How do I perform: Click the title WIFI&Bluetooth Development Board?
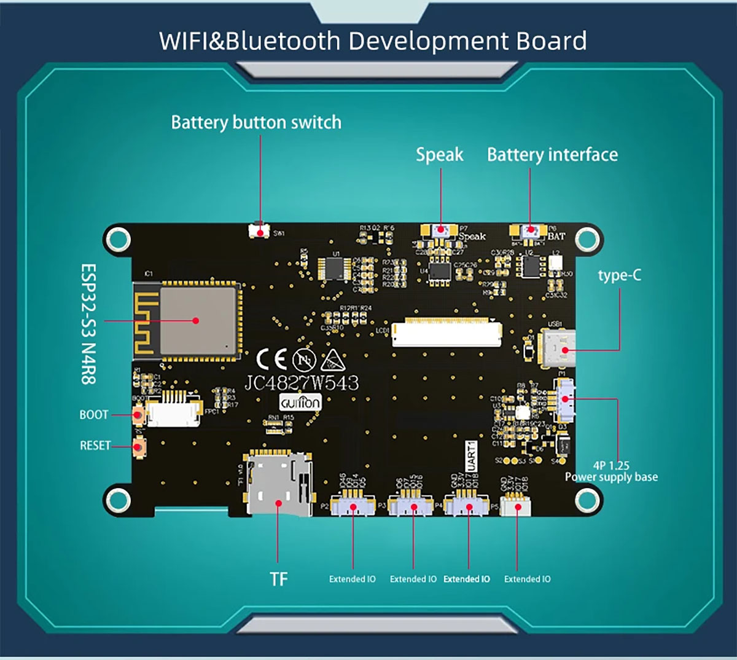pos(373,41)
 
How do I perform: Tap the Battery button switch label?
pos(256,122)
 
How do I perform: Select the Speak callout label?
pos(440,154)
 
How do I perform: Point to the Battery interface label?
pos(552,154)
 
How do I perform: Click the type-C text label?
pos(619,275)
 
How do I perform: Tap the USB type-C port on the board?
pos(558,350)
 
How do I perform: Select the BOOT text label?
pos(93,415)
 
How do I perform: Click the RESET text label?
pos(95,446)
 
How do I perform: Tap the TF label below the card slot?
pos(278,579)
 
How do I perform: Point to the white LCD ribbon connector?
pos(447,332)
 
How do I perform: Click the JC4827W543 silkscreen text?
pos(302,383)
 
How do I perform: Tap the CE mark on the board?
pos(271,359)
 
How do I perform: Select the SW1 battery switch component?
pos(260,232)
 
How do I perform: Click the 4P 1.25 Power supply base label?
pos(611,471)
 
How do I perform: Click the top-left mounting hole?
pos(117,240)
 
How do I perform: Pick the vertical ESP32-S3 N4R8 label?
pos(89,324)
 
